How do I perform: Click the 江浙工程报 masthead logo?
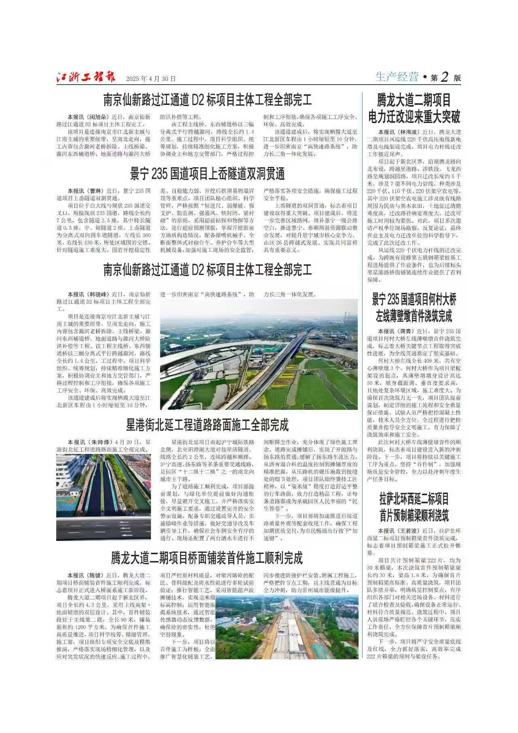pos(86,77)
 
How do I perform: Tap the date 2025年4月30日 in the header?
pos(151,79)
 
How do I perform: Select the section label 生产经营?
pos(396,77)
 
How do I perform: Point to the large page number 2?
pos(445,77)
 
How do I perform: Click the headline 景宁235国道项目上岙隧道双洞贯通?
pos(207,174)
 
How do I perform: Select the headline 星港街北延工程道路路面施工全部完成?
pos(207,426)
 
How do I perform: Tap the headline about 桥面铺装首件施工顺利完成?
pos(207,558)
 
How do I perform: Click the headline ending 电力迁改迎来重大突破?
pos(414,117)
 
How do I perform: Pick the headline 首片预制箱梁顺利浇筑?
pos(414,516)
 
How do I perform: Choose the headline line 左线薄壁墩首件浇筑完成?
pos(414,316)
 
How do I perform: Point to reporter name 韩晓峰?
pos(97,294)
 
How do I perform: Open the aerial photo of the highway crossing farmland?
pos(259,354)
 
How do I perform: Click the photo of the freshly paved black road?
pos(104,497)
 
